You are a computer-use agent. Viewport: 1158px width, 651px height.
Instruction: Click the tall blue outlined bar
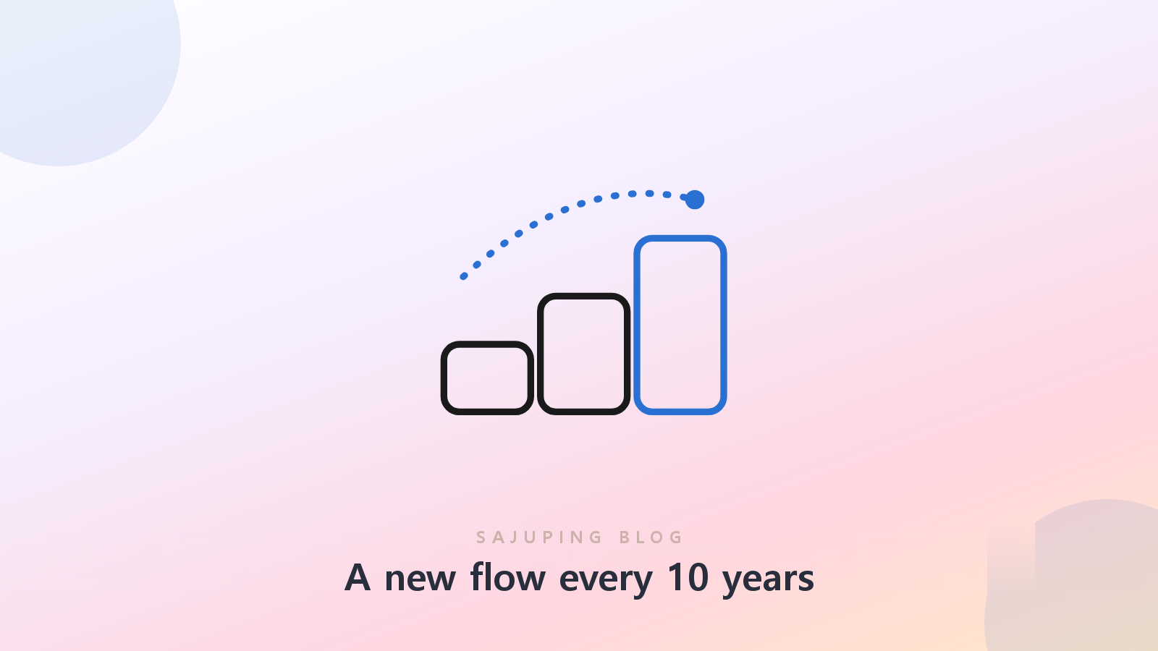coord(638,325)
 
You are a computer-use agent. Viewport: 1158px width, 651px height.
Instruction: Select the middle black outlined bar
coord(541,354)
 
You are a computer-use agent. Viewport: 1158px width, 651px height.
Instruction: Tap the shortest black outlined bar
coord(444,378)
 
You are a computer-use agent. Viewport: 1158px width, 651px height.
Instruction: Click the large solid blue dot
coord(695,200)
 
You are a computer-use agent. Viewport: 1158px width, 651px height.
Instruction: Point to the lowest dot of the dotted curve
coord(464,276)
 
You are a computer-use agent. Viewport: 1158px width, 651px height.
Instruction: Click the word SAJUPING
coord(539,537)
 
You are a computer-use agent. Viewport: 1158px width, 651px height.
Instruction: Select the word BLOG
coord(651,537)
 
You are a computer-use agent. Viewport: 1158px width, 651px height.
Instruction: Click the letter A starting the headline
coord(358,577)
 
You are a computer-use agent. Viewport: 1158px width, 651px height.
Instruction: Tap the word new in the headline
coord(420,579)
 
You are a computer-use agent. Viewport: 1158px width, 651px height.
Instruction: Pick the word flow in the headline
coord(507,576)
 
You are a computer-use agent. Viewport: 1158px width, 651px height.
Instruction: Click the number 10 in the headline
coord(688,577)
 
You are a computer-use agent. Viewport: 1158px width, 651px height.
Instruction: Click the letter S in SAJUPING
coord(481,537)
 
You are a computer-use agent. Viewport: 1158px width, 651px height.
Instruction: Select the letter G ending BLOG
coord(676,537)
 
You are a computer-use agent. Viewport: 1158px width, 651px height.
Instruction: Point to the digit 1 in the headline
coord(676,577)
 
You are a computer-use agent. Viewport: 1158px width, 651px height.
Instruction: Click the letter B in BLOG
coord(625,537)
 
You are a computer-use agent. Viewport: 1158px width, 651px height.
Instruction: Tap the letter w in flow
coord(529,579)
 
